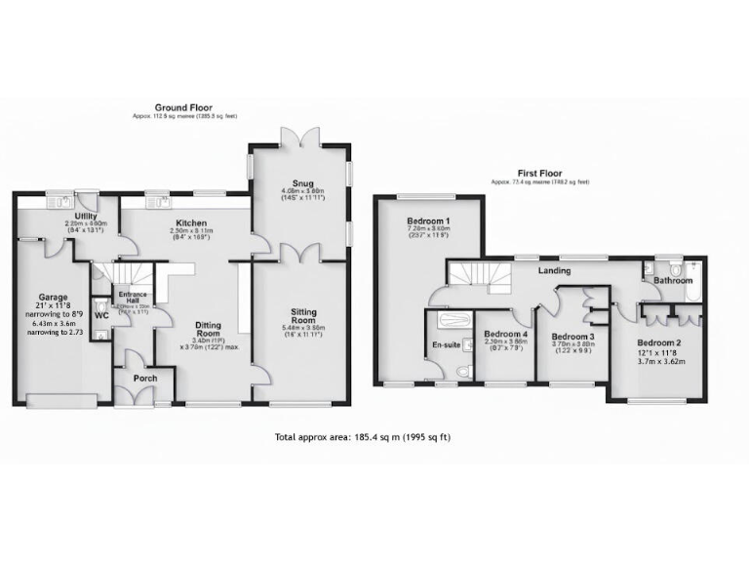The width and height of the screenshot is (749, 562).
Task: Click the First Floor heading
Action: pyautogui.click(x=541, y=174)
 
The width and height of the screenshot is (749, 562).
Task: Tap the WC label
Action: pyautogui.click(x=101, y=317)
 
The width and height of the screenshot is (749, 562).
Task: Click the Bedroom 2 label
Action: pyautogui.click(x=660, y=342)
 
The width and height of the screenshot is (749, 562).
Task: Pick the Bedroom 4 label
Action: pyautogui.click(x=506, y=335)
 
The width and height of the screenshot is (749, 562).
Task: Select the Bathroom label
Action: pyautogui.click(x=672, y=281)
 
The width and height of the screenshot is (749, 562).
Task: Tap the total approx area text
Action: pyautogui.click(x=374, y=438)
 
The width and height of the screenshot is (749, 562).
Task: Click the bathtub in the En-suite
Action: pyautogui.click(x=451, y=320)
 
